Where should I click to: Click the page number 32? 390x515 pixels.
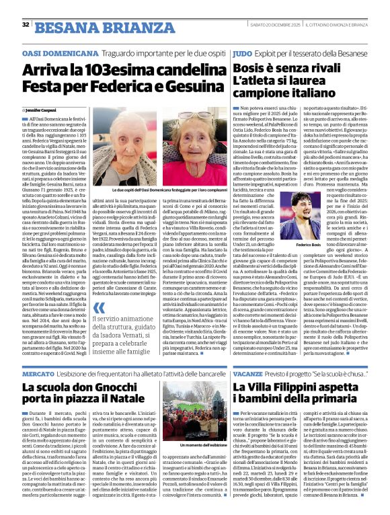tap(25, 25)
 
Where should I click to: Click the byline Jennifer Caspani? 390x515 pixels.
tap(46, 109)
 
